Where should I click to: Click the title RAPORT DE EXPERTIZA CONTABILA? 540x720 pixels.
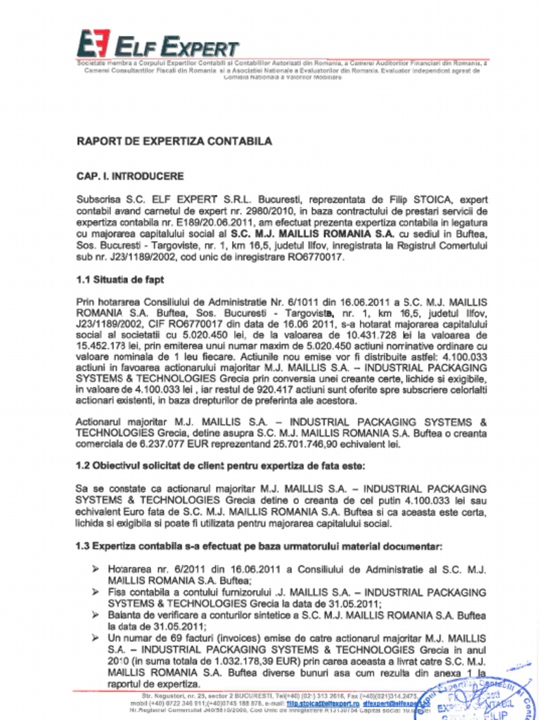tap(174, 141)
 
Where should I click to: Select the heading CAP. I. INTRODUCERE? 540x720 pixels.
tap(130, 176)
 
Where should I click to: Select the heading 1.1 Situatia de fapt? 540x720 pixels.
tap(120, 279)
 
